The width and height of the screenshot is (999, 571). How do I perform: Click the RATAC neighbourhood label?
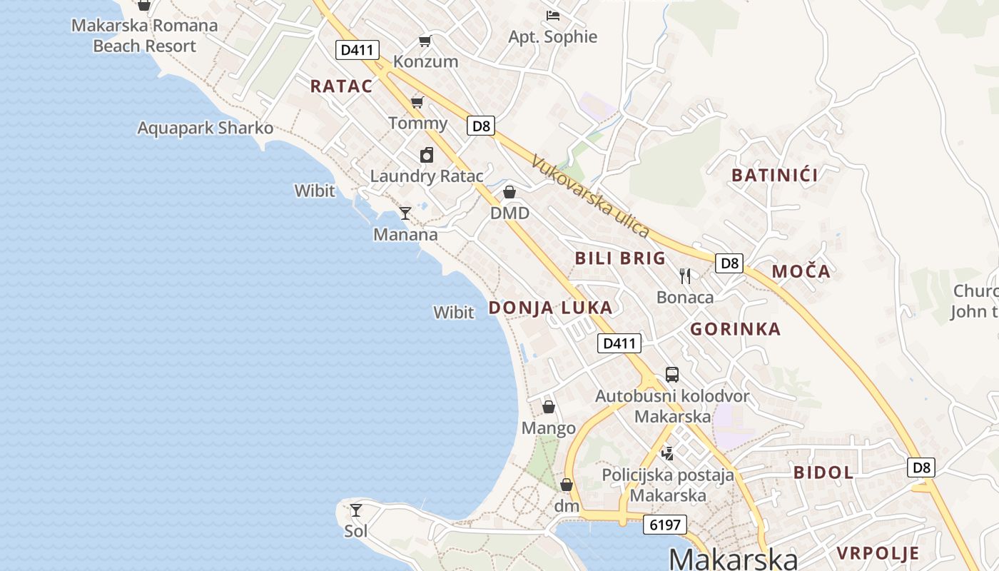[341, 86]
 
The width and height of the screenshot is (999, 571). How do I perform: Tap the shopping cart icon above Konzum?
[425, 41]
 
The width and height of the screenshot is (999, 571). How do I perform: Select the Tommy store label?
[418, 123]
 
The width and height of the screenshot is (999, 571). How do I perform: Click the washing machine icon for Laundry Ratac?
[427, 155]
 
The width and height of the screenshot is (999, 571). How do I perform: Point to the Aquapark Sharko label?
[206, 128]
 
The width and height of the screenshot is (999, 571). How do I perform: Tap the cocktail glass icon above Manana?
[405, 213]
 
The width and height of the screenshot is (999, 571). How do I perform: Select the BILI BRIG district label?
[620, 258]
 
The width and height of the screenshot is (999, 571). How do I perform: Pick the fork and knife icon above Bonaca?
[685, 276]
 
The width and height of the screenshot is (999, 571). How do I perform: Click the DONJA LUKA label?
[550, 308]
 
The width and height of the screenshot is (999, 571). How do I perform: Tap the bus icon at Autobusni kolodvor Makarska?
[672, 375]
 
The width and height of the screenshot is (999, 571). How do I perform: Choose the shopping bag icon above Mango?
[549, 407]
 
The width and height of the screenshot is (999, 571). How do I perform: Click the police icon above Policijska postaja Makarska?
[668, 453]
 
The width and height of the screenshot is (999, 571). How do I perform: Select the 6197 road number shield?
[664, 525]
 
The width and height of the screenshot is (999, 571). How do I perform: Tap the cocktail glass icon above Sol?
[356, 510]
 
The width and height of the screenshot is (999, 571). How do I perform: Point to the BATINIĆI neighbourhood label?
[775, 175]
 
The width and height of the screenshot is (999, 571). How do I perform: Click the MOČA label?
[801, 271]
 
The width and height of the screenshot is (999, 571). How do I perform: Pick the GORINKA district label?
[736, 329]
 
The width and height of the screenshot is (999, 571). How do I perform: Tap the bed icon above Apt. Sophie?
[552, 16]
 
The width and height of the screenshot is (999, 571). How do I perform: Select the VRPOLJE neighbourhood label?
[878, 553]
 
